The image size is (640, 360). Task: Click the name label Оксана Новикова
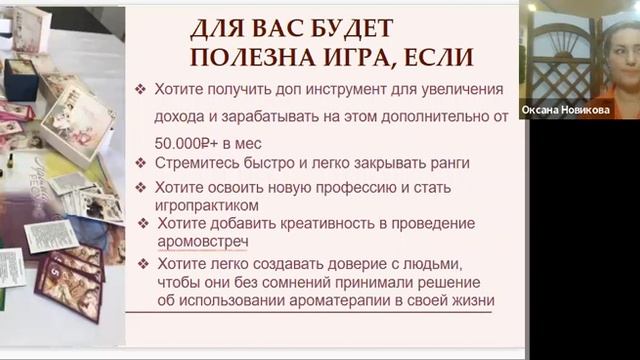[x=565, y=110]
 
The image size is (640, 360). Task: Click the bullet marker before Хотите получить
[x=144, y=89]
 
